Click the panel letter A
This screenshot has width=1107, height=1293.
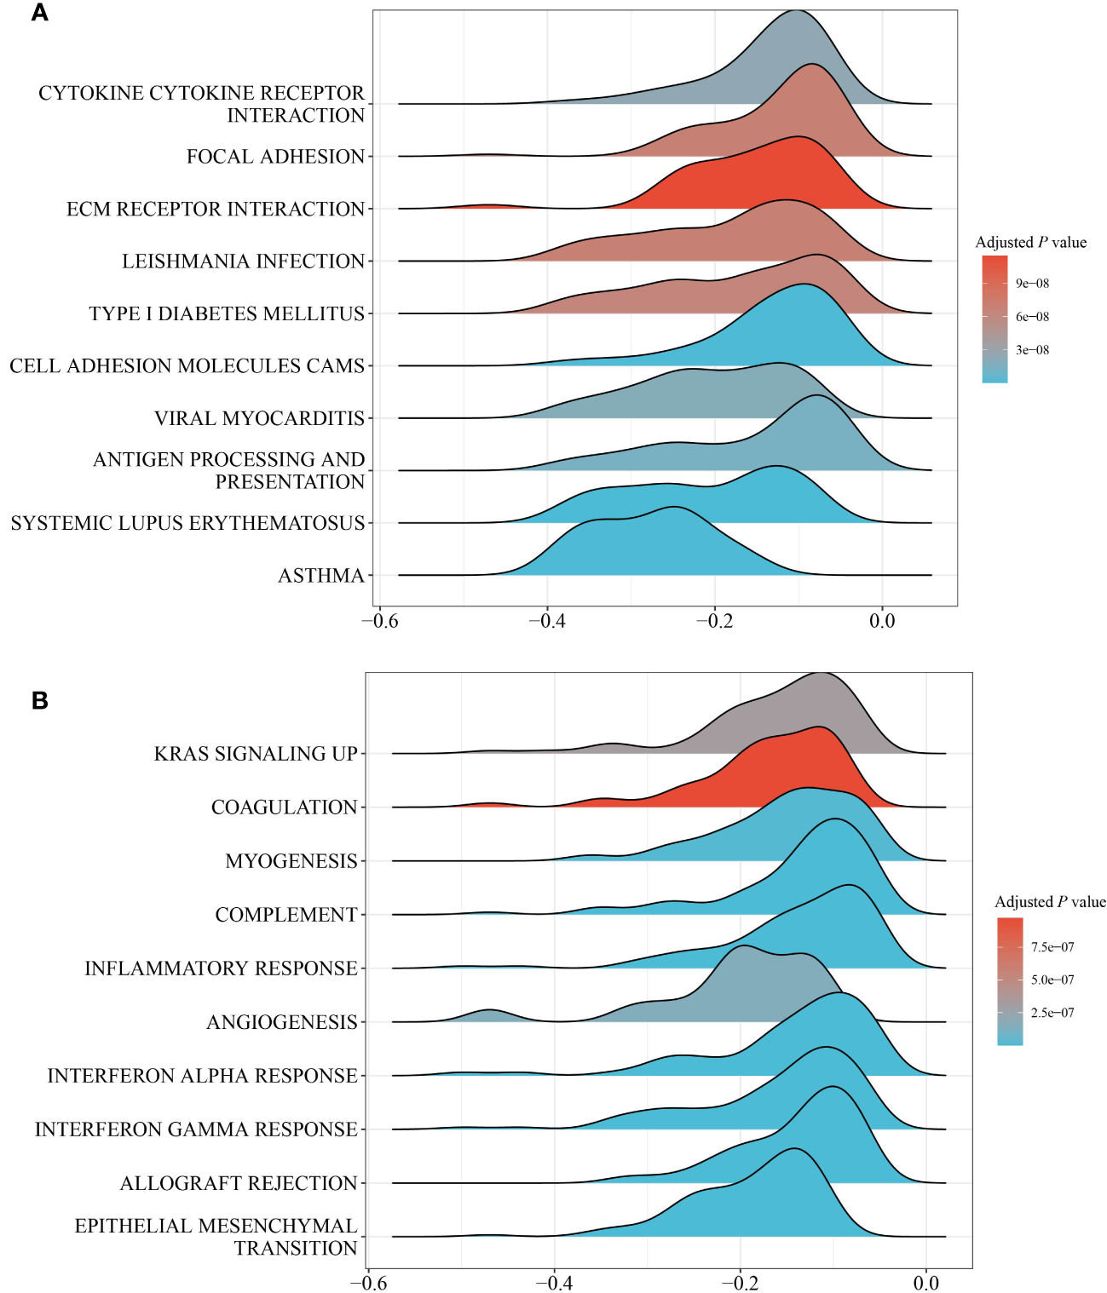point(39,13)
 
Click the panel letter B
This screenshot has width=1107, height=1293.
point(39,700)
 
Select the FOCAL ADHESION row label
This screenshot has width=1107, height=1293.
point(275,157)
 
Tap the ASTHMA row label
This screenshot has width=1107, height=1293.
point(321,576)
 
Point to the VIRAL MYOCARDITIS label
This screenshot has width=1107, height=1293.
point(259,418)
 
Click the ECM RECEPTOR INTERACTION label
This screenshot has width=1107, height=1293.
point(216,209)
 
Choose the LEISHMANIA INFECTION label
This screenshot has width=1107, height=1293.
point(243,261)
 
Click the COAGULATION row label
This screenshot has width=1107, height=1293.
point(284,807)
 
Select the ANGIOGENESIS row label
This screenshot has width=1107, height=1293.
point(281,1022)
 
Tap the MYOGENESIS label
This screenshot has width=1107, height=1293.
point(291,861)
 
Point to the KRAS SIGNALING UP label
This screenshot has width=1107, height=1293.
point(256,754)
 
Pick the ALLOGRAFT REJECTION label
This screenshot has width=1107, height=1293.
point(239,1183)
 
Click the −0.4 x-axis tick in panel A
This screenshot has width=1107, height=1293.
point(546,621)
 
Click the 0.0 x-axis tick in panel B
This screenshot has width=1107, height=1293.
point(925,1283)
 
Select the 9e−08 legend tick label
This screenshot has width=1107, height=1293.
point(1032,284)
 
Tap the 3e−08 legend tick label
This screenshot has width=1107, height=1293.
point(1032,350)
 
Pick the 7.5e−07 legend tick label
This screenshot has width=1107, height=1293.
point(1052,947)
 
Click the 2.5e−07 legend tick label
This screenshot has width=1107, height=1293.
point(1052,1013)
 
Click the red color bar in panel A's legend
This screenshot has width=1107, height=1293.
point(995,273)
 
